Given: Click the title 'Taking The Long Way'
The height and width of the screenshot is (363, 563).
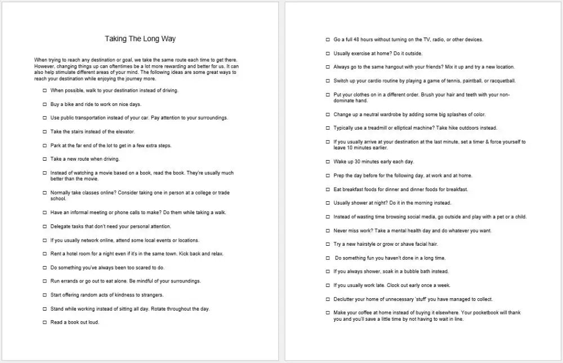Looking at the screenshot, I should pos(140,39).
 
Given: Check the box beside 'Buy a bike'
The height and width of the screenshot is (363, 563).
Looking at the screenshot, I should pos(44,104).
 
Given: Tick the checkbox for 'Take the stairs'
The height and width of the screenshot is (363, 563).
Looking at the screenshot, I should pos(44,132).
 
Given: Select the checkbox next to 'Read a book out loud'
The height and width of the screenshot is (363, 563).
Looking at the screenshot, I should pos(44,323).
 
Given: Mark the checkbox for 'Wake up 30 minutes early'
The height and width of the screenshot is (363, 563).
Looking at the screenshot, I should pos(328,162).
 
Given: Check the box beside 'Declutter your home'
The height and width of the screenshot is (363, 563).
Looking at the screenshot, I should pos(328,299).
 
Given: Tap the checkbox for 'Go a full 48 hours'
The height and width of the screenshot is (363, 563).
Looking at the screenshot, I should pos(328,39).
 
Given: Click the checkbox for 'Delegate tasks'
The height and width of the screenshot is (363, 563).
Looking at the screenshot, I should pos(44,227).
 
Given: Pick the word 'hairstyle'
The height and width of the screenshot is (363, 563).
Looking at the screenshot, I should pos(365,244).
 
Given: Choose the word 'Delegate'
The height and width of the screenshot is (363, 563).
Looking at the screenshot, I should pos(61,227).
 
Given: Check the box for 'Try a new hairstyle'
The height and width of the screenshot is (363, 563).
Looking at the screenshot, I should pos(328,244).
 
